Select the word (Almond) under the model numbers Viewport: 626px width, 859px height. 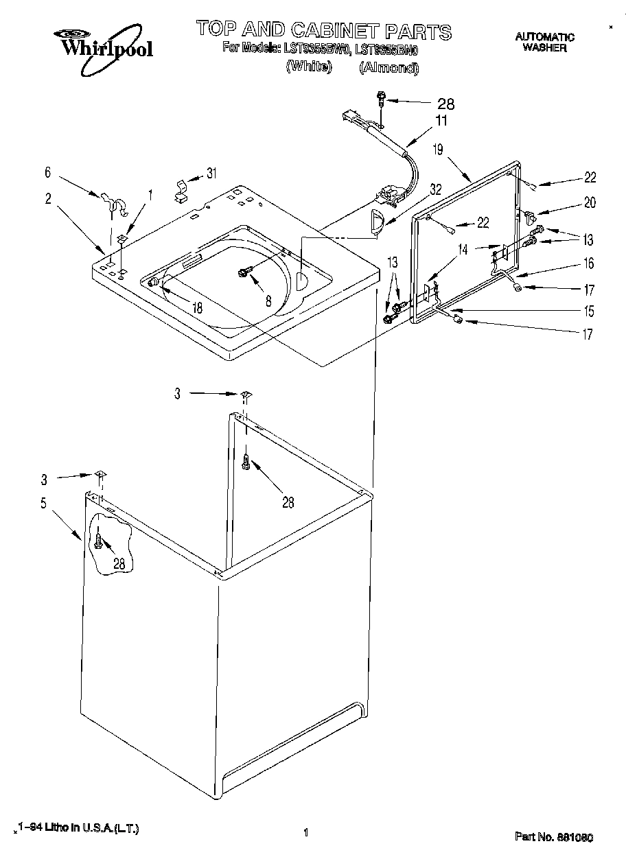click(x=389, y=67)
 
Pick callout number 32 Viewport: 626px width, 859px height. click(x=436, y=189)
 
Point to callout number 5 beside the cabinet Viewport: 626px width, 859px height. click(x=43, y=503)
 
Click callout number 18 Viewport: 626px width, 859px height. click(x=197, y=308)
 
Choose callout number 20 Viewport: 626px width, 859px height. click(x=590, y=202)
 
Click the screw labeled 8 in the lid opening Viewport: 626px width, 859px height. click(x=244, y=273)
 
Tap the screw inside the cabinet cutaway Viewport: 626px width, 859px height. click(x=100, y=542)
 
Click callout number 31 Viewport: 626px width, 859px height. click(x=211, y=174)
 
